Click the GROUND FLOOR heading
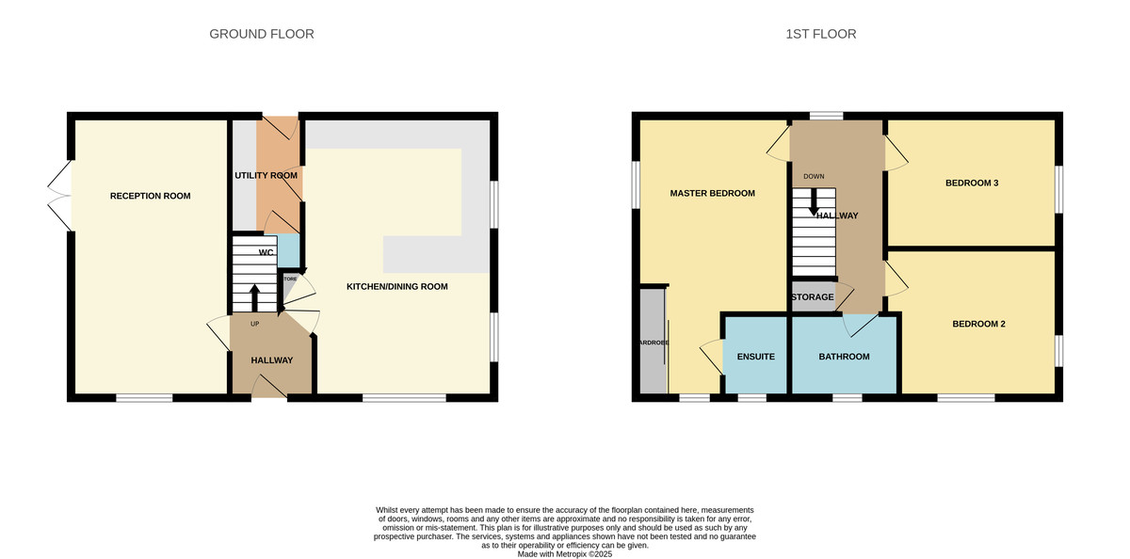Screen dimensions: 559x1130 [261, 34]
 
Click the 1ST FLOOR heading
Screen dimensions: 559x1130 [820, 34]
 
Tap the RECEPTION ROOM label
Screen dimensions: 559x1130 [150, 196]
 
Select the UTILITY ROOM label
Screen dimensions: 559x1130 [266, 175]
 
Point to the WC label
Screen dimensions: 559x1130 [266, 252]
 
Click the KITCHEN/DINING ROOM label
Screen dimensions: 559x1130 [396, 286]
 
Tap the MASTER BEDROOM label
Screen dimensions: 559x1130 [712, 193]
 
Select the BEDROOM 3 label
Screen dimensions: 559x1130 [971, 183]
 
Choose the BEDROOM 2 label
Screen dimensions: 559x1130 [978, 324]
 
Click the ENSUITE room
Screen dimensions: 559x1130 [755, 356]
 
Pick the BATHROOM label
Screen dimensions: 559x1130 [844, 356]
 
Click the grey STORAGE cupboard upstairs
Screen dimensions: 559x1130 [812, 296]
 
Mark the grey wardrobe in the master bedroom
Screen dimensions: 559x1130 [652, 341]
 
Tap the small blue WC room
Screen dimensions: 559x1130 [289, 251]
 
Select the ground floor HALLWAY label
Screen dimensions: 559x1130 [271, 360]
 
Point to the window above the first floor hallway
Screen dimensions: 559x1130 [826, 115]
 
